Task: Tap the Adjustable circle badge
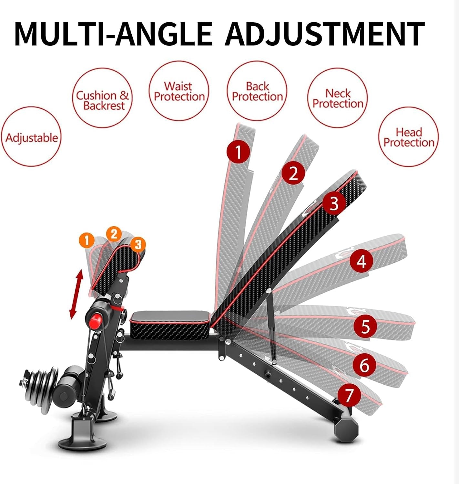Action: [x=31, y=137]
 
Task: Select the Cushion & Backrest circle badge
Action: [x=102, y=100]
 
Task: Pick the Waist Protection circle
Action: [x=179, y=91]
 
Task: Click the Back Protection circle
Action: [x=257, y=91]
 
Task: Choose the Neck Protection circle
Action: [x=338, y=98]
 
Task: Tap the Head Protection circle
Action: [x=408, y=137]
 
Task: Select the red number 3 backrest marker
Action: [x=334, y=203]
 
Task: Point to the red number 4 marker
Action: [x=361, y=261]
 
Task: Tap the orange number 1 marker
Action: [x=86, y=240]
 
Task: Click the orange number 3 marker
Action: [x=138, y=244]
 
